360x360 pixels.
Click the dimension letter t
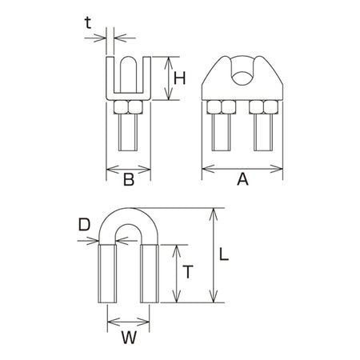point(88,23)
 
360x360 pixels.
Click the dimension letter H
point(179,78)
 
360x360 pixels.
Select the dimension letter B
point(129,179)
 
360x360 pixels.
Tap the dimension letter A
point(242,179)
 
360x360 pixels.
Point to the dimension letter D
point(84,225)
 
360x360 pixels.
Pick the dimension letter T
point(188,272)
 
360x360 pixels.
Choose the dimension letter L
point(224,254)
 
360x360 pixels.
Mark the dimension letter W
point(129,338)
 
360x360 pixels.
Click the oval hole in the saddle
point(242,78)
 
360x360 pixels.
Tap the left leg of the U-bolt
point(107,274)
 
